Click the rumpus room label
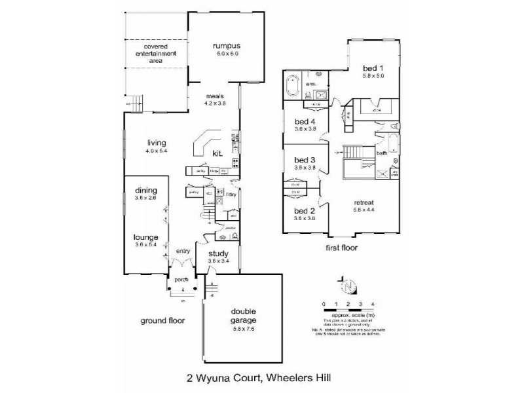(x=227, y=47)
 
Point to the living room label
(x=156, y=143)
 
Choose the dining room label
(x=146, y=191)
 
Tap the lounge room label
(x=146, y=237)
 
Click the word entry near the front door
(x=183, y=250)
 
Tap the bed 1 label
(x=373, y=68)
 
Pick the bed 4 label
(x=305, y=122)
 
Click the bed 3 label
(x=305, y=160)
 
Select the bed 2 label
(x=305, y=211)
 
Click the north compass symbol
(x=349, y=286)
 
